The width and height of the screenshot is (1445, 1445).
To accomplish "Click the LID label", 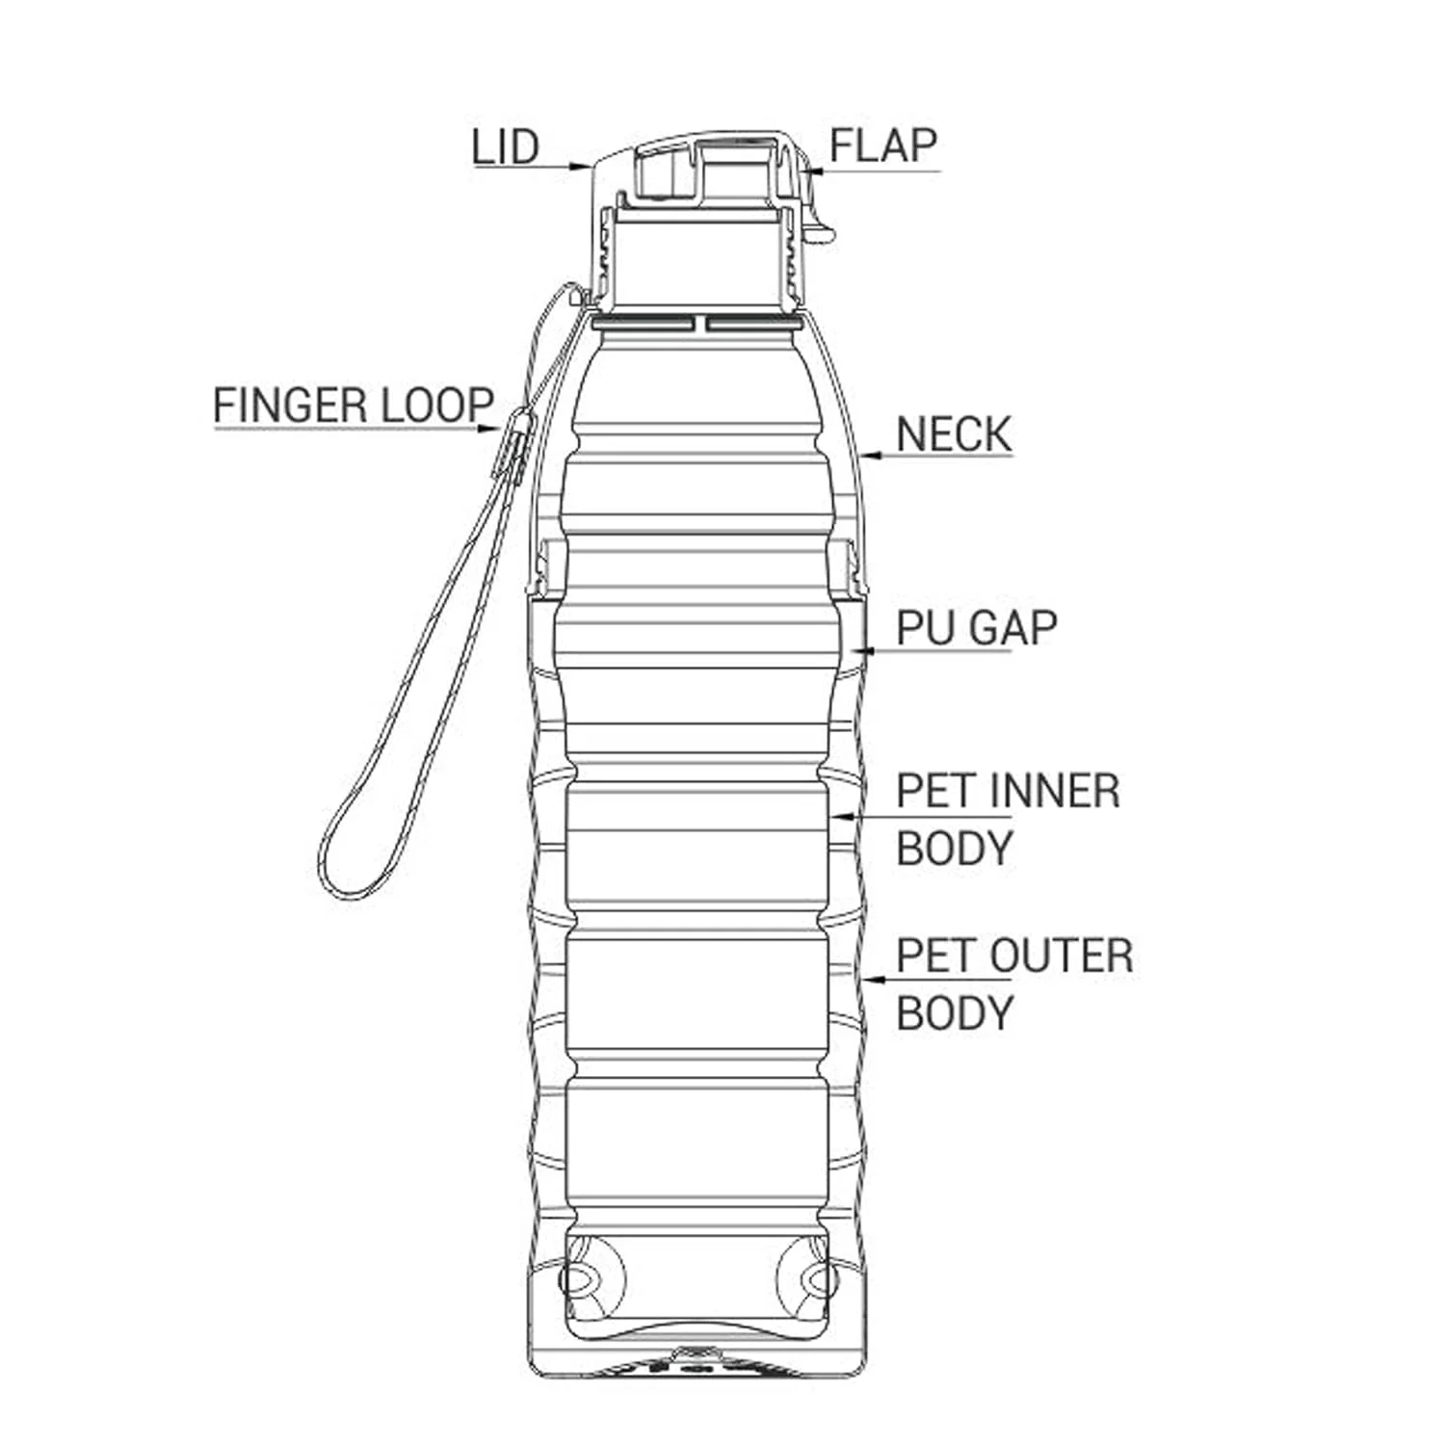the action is (505, 147).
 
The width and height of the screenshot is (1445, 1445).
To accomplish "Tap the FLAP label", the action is (883, 145).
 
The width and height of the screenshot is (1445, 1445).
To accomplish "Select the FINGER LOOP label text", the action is (354, 405).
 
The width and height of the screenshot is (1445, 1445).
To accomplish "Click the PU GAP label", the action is (977, 628).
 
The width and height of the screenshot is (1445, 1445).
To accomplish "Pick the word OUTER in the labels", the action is (1062, 956).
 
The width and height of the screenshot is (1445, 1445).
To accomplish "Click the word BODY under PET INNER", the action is (955, 849).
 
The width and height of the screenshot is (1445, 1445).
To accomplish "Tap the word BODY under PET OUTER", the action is (955, 1013).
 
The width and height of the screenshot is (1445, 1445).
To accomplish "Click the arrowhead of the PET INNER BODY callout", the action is (842, 816).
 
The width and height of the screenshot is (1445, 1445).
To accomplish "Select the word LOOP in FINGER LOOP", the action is (438, 405).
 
